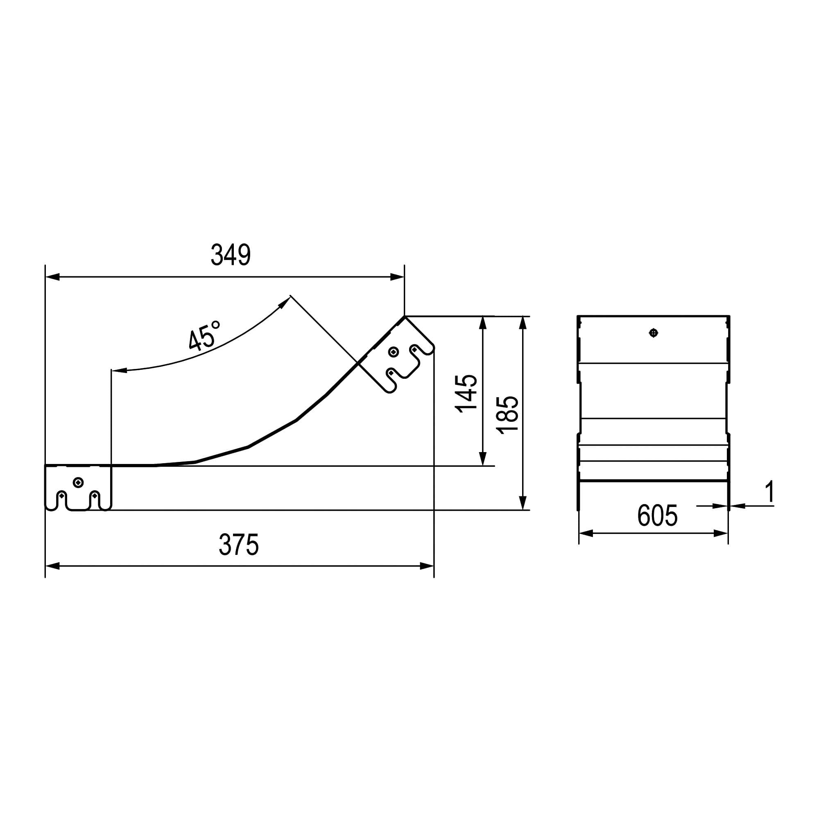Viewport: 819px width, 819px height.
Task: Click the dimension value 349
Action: pos(231,255)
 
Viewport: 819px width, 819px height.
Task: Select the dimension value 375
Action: pos(239,545)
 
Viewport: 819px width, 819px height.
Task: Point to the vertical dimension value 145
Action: pos(466,394)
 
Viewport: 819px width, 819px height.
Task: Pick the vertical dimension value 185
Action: pos(507,415)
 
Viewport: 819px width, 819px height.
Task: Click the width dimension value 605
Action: pos(658,516)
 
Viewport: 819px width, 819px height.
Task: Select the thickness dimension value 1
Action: pos(770,492)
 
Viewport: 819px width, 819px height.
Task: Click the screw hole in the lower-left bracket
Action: pos(78,482)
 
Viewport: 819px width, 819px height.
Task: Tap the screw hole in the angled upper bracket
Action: pos(394,352)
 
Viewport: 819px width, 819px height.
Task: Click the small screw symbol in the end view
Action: pos(654,333)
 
